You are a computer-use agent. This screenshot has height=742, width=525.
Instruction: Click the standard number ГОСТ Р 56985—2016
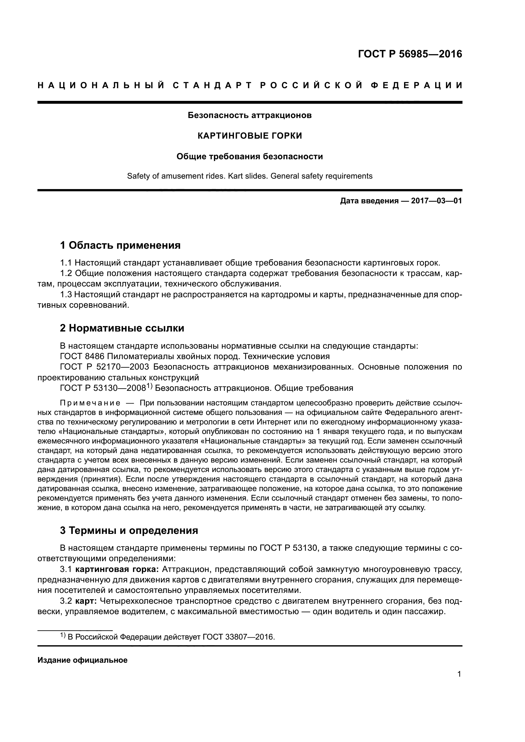tap(410, 54)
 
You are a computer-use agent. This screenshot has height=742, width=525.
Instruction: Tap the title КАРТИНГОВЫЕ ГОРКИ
tap(249, 136)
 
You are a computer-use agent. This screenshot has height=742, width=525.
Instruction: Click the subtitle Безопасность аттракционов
tap(249, 115)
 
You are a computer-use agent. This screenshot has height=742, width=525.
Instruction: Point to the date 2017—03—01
tap(436, 201)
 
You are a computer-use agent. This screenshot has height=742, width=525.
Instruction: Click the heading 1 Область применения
tap(120, 245)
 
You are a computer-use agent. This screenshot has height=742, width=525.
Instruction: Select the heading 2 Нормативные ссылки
tap(122, 328)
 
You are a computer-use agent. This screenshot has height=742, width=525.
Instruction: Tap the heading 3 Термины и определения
tap(129, 530)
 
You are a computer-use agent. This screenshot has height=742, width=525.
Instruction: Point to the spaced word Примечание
tap(90, 403)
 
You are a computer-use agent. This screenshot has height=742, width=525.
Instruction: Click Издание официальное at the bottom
tap(83, 660)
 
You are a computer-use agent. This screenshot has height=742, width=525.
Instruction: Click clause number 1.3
tap(66, 294)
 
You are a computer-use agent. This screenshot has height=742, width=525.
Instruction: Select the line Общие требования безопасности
tap(249, 157)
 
